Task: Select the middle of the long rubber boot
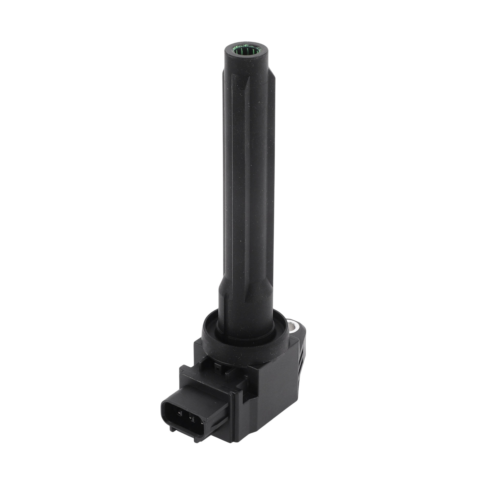[247, 177]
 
